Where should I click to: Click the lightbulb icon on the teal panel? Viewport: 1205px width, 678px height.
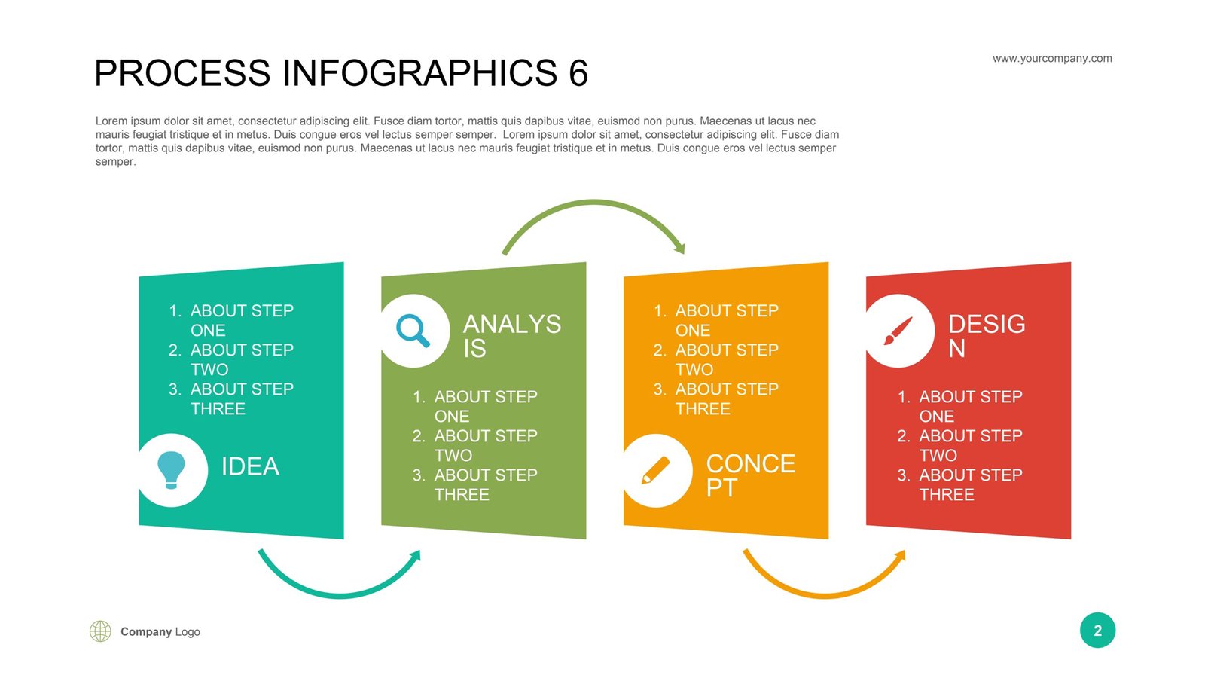(x=171, y=470)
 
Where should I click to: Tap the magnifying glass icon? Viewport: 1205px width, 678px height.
(x=413, y=331)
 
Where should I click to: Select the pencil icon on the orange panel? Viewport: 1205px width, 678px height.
(x=656, y=470)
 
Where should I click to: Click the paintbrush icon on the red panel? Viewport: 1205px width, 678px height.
(x=898, y=331)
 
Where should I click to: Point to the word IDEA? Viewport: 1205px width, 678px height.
(x=250, y=466)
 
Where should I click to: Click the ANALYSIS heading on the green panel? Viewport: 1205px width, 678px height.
(x=511, y=336)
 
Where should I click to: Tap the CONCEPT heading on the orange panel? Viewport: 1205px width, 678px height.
(x=750, y=475)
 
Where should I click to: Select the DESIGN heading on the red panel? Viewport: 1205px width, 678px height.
(x=987, y=336)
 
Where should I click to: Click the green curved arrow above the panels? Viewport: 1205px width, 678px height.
(x=594, y=203)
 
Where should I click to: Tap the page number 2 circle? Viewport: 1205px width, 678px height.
(x=1097, y=630)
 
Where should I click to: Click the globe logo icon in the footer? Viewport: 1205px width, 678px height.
(x=100, y=631)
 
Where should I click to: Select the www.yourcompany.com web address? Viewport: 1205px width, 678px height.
(x=1052, y=59)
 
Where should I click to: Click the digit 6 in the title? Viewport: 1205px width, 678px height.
(x=578, y=73)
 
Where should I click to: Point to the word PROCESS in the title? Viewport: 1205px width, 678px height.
(x=182, y=73)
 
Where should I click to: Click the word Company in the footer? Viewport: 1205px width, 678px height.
(x=146, y=632)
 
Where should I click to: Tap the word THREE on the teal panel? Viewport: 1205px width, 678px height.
(x=218, y=409)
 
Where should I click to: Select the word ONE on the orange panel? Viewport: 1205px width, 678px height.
(x=693, y=331)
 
